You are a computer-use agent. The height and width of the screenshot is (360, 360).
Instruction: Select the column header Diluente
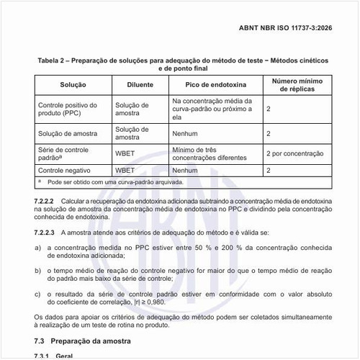(140, 84)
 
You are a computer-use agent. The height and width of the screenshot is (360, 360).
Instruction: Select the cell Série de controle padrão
(62, 153)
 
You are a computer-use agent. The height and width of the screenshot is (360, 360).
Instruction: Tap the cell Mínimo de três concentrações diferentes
(204, 153)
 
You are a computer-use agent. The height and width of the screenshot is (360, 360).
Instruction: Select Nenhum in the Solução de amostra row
(185, 133)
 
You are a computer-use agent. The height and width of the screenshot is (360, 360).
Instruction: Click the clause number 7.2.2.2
(44, 199)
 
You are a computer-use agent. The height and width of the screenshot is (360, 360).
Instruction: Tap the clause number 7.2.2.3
(44, 233)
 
